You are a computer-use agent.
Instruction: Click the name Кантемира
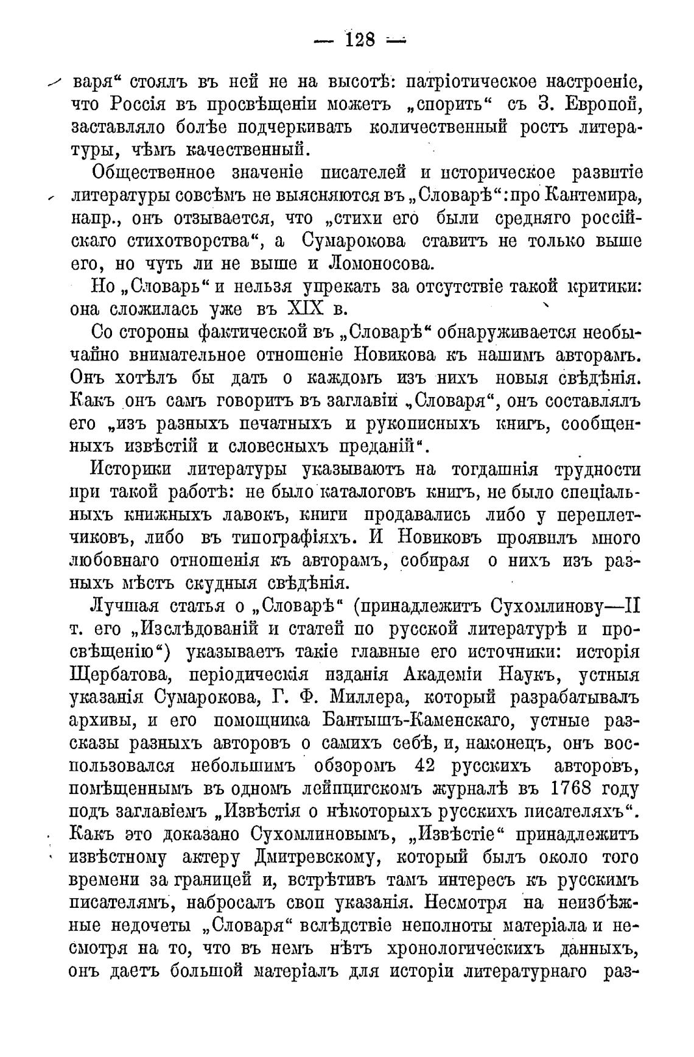(x=591, y=197)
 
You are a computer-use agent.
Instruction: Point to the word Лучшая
(x=124, y=606)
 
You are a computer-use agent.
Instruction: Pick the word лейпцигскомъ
(x=354, y=789)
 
